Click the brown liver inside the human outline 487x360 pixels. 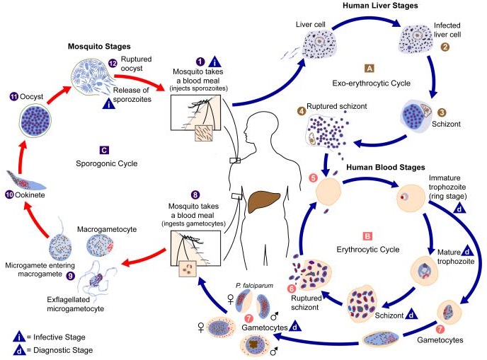(x=264, y=202)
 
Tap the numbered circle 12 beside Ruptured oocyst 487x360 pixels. (x=113, y=63)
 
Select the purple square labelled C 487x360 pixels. (x=104, y=150)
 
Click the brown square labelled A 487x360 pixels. (x=369, y=69)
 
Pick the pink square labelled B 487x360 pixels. (x=367, y=236)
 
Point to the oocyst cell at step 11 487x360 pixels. (x=35, y=120)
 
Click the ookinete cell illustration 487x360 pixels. (x=26, y=181)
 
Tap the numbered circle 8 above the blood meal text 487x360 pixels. (x=195, y=195)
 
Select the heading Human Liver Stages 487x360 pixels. (x=380, y=5)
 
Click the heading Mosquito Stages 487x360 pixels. (x=99, y=47)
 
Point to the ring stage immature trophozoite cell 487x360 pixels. (x=411, y=198)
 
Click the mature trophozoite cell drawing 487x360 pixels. (x=424, y=270)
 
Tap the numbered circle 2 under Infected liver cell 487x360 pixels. (x=445, y=47)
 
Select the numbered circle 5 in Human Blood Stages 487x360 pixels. (x=313, y=178)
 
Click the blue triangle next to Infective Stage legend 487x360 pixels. (x=19, y=337)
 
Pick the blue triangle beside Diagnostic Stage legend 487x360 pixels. (x=19, y=350)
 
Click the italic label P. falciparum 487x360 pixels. (x=254, y=286)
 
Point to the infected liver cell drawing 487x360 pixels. (x=416, y=38)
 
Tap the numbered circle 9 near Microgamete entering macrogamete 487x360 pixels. (x=71, y=276)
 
